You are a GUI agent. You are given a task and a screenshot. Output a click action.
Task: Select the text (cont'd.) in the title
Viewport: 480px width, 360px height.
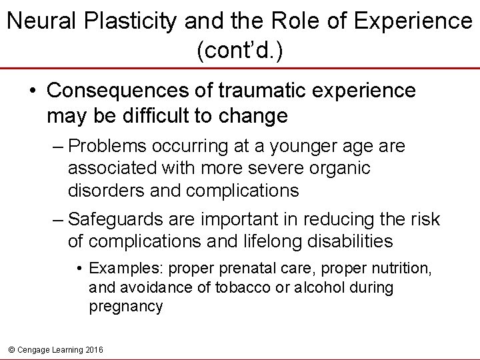239,51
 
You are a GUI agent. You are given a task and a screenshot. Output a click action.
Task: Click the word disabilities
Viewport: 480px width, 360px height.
352,241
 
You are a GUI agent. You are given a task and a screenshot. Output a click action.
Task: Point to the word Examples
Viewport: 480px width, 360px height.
126,269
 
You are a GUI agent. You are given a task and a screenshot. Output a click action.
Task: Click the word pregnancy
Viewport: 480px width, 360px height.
125,307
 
